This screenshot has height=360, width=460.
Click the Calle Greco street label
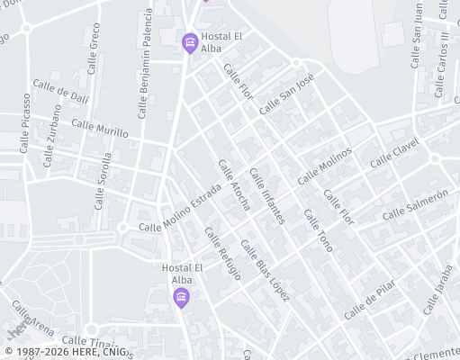pyautogui.click(x=95, y=49)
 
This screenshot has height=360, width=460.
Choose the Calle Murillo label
pyautogui.click(x=100, y=128)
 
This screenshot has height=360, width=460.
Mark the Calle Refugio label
pyautogui.click(x=222, y=254)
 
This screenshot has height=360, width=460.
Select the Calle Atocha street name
pyautogui.click(x=234, y=185)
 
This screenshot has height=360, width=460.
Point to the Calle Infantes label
pyautogui.click(x=267, y=196)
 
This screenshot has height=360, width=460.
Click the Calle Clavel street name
pyautogui.click(x=394, y=152)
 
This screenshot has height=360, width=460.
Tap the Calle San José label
pyautogui.click(x=286, y=94)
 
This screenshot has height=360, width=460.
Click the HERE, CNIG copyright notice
pyautogui.click(x=65, y=352)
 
